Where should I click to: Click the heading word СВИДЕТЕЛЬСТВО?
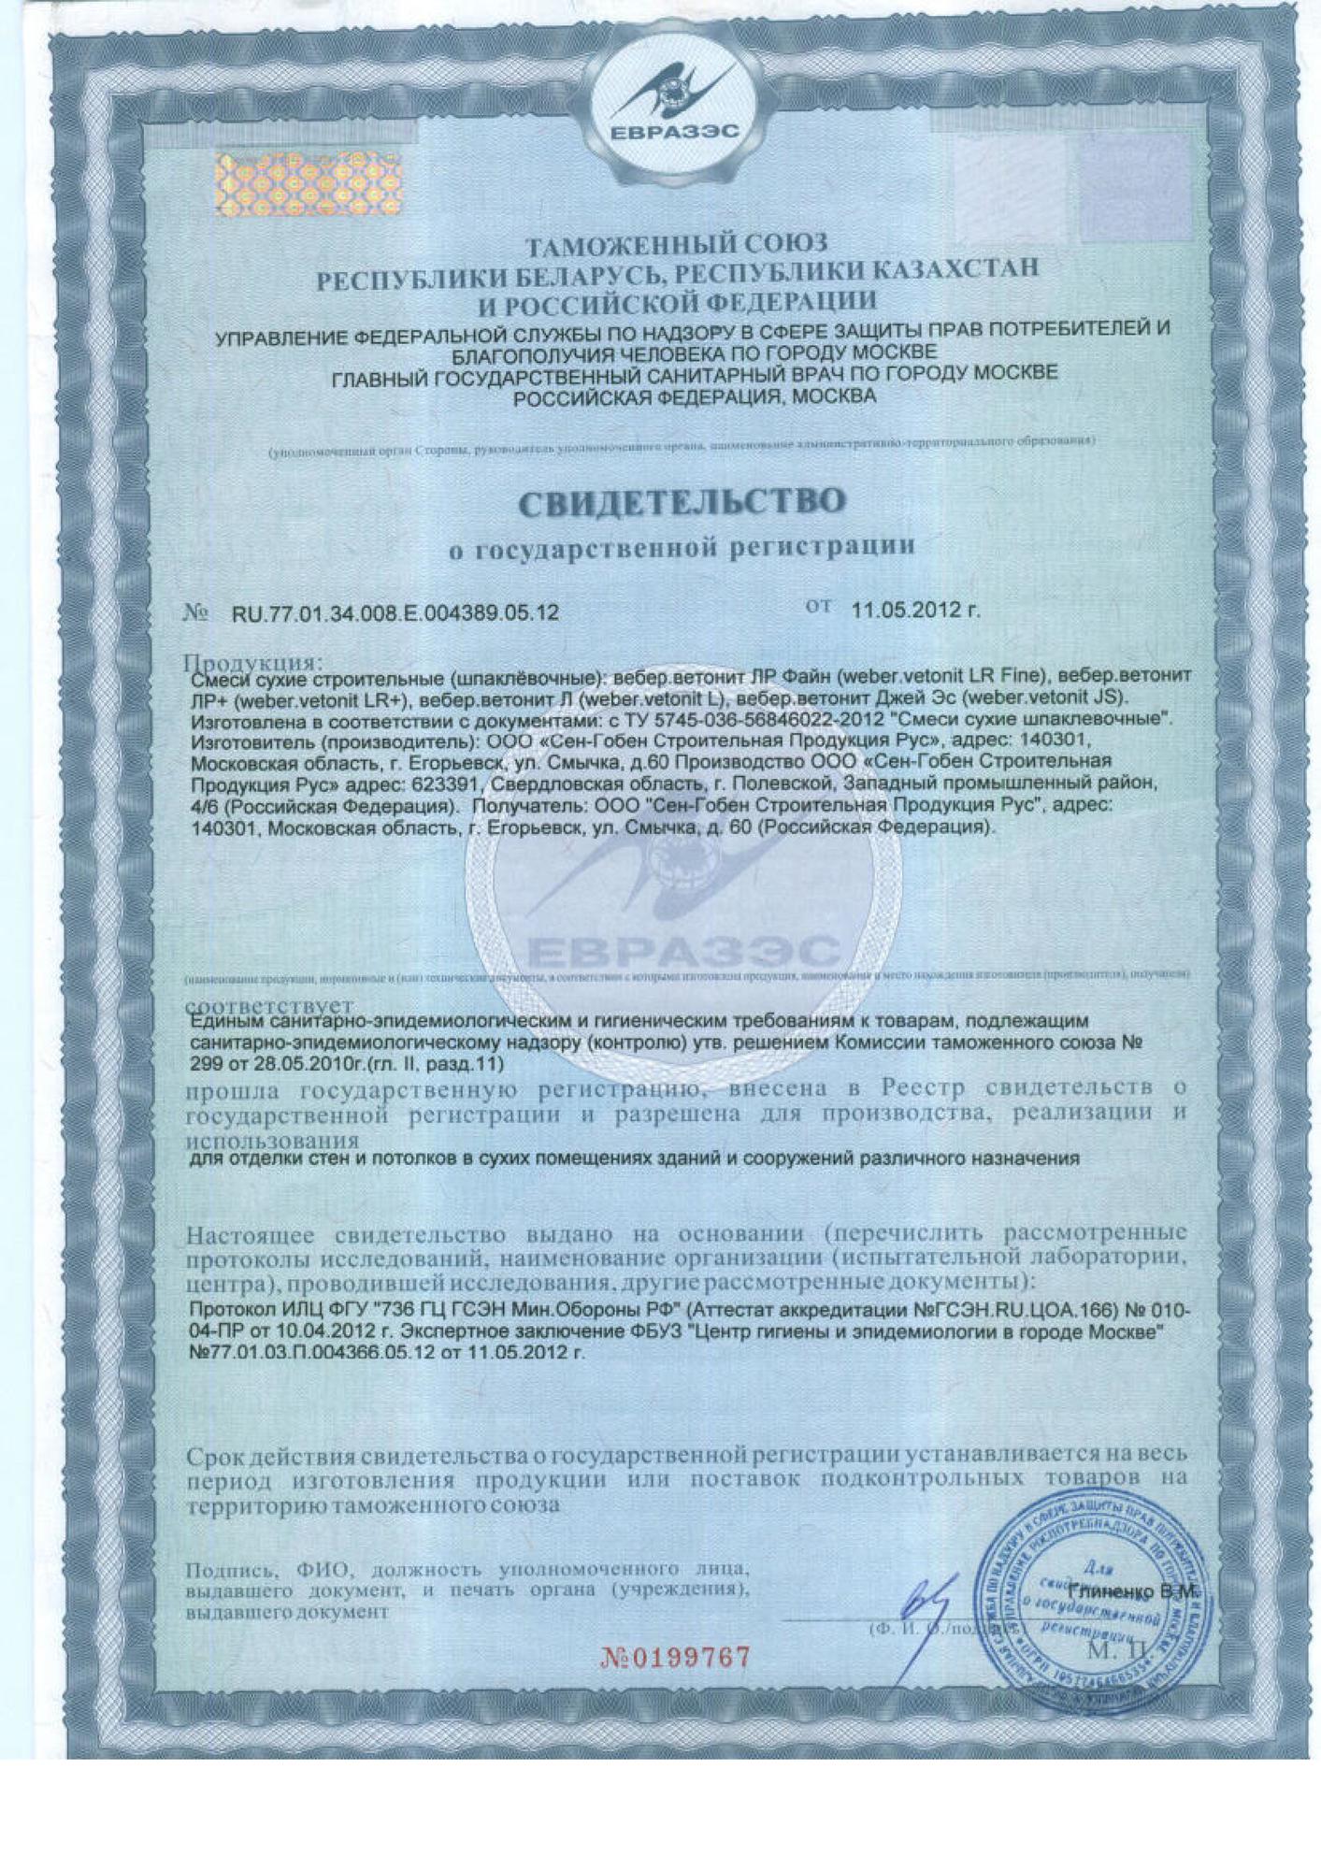(x=682, y=502)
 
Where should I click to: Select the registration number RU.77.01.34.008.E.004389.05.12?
(x=394, y=614)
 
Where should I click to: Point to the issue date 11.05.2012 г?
(x=915, y=611)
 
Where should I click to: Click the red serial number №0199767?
(x=675, y=1658)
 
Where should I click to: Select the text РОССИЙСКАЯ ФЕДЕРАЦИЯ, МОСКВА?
(x=696, y=396)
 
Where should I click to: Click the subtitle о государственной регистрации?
(x=682, y=547)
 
